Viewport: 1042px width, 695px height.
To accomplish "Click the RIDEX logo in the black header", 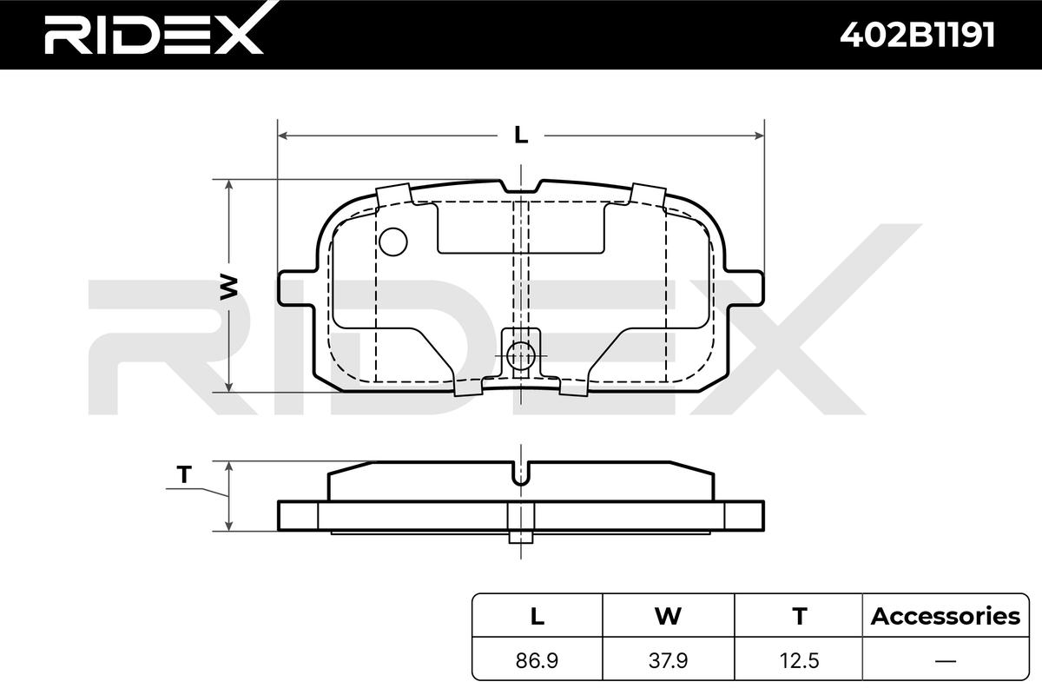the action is click(x=155, y=30).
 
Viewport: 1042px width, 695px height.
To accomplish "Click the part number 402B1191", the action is click(x=917, y=35).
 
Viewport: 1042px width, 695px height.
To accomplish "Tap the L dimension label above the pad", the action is click(x=521, y=135).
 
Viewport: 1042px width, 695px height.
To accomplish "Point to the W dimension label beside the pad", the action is click(x=228, y=287).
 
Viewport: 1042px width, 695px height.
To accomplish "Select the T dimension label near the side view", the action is click(x=184, y=475).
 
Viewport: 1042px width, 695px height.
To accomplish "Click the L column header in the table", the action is click(x=537, y=616).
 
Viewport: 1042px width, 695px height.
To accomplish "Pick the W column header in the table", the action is click(x=668, y=616).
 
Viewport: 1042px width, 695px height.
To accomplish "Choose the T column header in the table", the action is click(x=799, y=616).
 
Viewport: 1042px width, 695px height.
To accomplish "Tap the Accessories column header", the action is click(x=946, y=616).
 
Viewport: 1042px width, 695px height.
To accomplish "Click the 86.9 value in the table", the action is click(x=537, y=660).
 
